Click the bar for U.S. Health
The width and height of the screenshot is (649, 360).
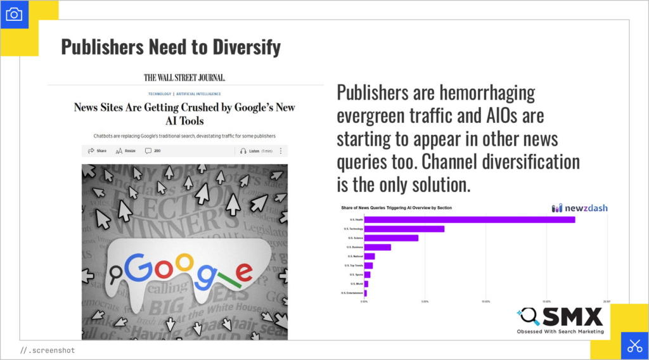tap(469, 220)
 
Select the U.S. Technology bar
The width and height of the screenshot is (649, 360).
tap(404, 229)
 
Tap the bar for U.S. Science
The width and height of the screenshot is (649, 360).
tap(391, 238)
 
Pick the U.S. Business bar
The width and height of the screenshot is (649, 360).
tap(378, 247)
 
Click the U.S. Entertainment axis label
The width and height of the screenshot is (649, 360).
tap(352, 293)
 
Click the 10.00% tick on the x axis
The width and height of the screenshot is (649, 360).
tap(485, 302)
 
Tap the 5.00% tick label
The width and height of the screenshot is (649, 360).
tap(425, 302)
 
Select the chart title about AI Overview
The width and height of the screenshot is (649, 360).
tap(396, 208)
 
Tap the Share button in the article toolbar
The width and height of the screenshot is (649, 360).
tap(97, 151)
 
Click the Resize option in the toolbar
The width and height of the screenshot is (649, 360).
tap(126, 151)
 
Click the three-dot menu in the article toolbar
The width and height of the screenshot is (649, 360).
tap(281, 151)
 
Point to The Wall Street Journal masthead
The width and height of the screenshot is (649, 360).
tap(184, 78)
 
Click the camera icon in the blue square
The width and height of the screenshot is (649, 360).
tap(13, 14)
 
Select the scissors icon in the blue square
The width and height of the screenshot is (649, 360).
tap(634, 346)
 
